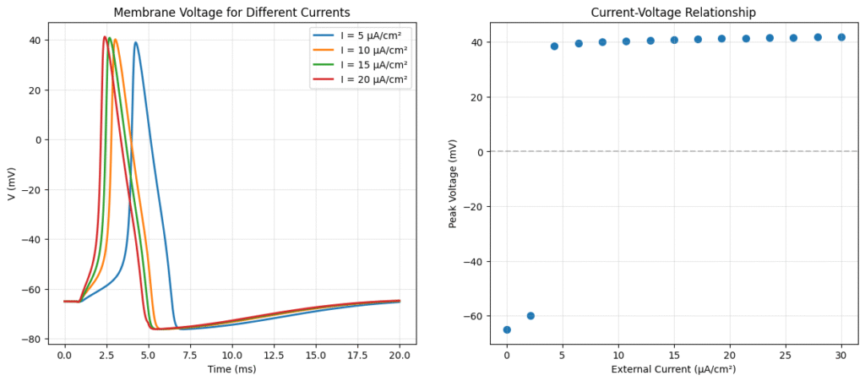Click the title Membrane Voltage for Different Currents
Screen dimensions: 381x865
pyautogui.click(x=231, y=12)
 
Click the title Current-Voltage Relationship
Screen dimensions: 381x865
pyautogui.click(x=673, y=12)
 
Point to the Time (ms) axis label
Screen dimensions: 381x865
pyautogui.click(x=231, y=370)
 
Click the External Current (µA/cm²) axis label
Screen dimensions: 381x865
pyautogui.click(x=673, y=370)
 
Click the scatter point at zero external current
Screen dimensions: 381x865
pyautogui.click(x=507, y=329)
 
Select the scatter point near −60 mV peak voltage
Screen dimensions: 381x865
pyautogui.click(x=530, y=316)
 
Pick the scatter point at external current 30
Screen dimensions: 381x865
pyautogui.click(x=841, y=37)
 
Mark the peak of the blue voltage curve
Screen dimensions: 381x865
pyautogui.click(x=135, y=42)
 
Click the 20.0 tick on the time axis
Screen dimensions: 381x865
pyautogui.click(x=400, y=356)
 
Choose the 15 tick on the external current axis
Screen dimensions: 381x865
pyautogui.click(x=674, y=356)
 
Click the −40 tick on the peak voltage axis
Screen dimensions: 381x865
pyautogui.click(x=469, y=261)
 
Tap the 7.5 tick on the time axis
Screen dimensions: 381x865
pyautogui.click(x=190, y=356)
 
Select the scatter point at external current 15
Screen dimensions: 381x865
pyautogui.click(x=674, y=40)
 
